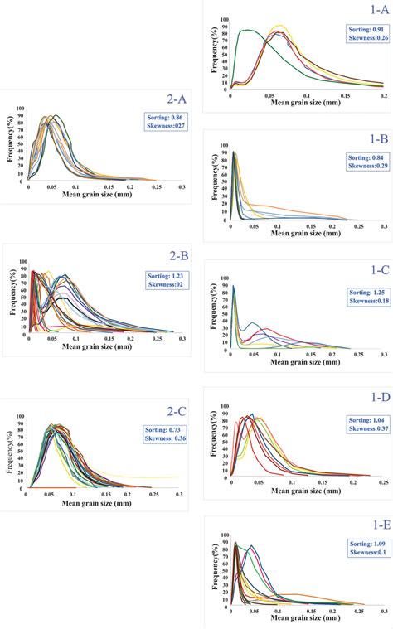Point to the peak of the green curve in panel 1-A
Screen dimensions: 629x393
247,31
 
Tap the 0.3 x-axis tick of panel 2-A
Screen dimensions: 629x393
182,188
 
